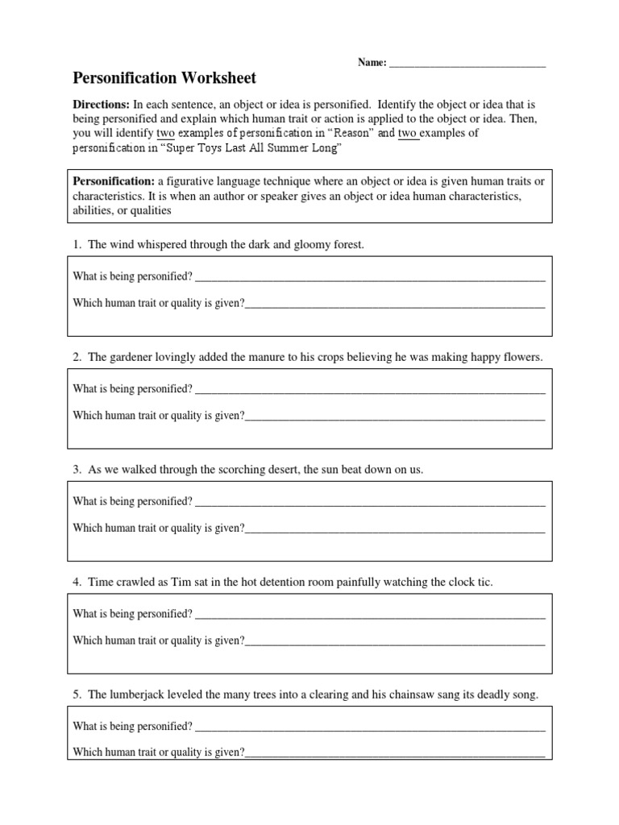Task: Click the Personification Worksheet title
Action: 164,78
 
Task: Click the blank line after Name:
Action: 467,63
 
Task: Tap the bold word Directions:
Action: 102,105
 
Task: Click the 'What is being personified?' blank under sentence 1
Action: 370,278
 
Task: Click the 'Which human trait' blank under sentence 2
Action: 395,417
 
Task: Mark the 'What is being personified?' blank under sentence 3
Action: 370,503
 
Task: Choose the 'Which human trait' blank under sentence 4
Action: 395,642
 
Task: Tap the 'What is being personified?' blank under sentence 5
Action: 370,728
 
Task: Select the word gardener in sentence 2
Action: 131,356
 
